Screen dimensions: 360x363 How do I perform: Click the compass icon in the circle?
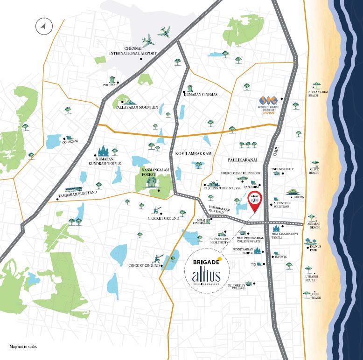pos(42,27)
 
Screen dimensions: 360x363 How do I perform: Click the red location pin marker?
pos(254,200)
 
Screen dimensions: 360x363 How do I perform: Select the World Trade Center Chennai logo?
pos(271,101)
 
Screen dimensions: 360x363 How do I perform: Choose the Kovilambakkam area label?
pos(194,153)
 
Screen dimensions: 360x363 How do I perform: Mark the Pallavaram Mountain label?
pos(136,107)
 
